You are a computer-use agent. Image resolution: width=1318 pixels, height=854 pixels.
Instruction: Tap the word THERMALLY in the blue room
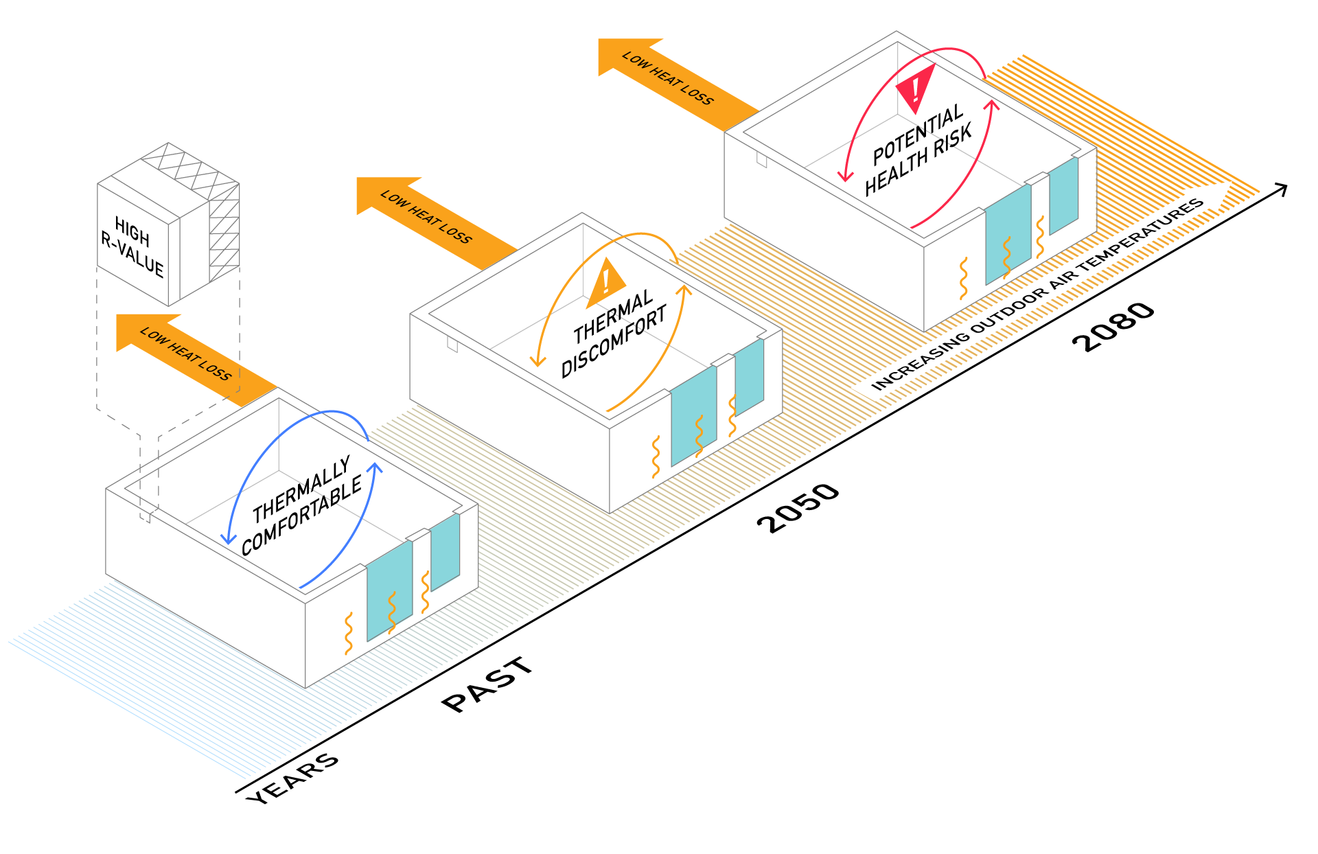pos(301,489)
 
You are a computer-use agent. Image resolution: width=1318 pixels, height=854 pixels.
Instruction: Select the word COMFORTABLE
pos(301,515)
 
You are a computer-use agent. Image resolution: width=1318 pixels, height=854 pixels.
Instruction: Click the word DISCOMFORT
pos(614,341)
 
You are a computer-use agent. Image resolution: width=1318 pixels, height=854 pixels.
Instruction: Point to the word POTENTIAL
pos(918,135)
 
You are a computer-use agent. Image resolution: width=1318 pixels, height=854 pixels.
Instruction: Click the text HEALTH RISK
pos(918,160)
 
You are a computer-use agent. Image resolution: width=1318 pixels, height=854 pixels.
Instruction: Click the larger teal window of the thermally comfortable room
pos(389,590)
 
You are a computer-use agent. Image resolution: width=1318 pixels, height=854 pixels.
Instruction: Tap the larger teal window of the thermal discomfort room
pos(693,415)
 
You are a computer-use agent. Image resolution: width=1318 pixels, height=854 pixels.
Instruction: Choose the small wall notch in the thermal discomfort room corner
pos(452,344)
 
